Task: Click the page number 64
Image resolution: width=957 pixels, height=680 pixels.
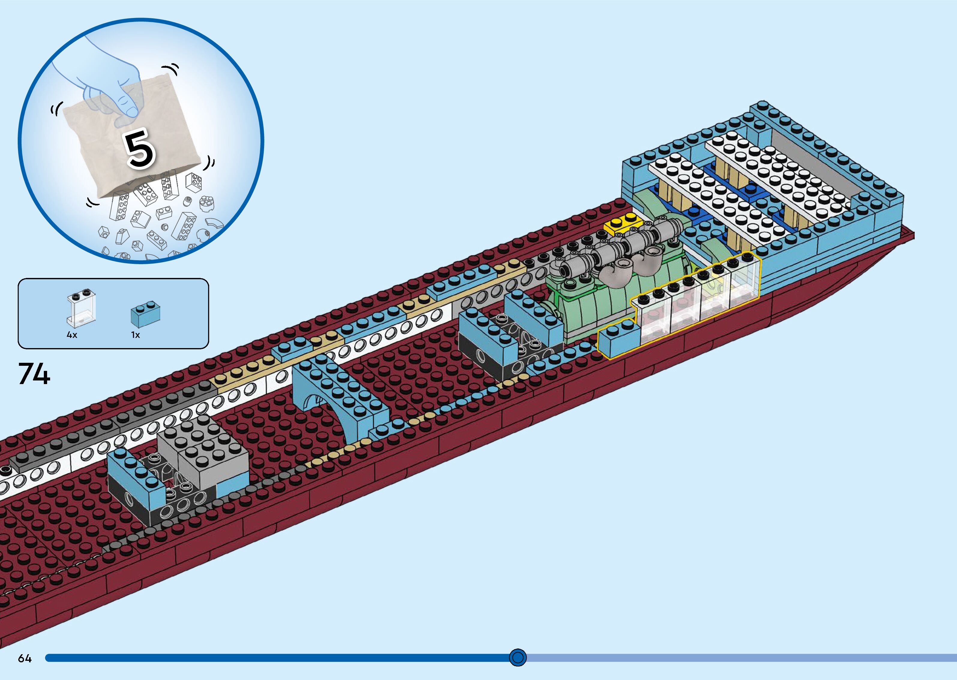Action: [25, 659]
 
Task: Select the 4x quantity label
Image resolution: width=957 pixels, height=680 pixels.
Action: [72, 335]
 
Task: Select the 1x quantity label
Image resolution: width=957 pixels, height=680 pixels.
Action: [135, 335]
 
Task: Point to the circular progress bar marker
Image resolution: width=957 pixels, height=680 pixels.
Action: [518, 658]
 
